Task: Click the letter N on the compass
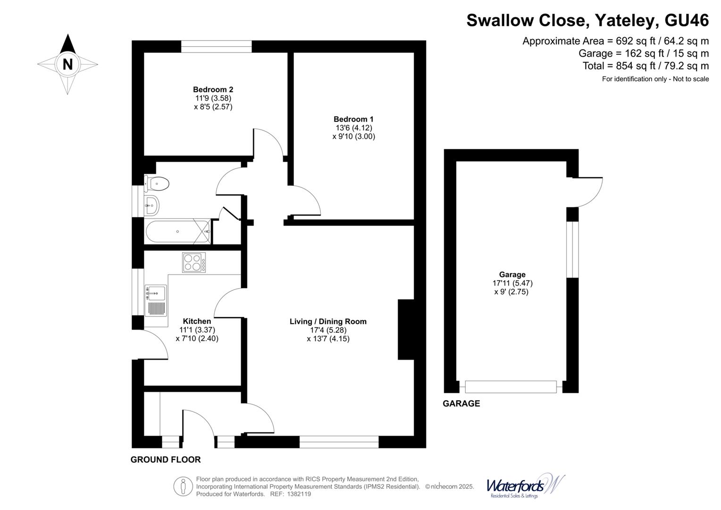(67, 64)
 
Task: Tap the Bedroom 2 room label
(213, 89)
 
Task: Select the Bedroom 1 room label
(353, 119)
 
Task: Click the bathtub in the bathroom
(177, 231)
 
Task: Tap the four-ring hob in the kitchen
(194, 263)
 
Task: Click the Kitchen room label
(197, 321)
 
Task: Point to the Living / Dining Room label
(328, 322)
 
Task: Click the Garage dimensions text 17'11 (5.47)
(512, 283)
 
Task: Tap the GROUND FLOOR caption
(166, 459)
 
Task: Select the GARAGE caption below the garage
(461, 403)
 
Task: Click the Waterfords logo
(525, 486)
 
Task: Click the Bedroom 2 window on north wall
(216, 46)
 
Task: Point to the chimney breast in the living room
(406, 330)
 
